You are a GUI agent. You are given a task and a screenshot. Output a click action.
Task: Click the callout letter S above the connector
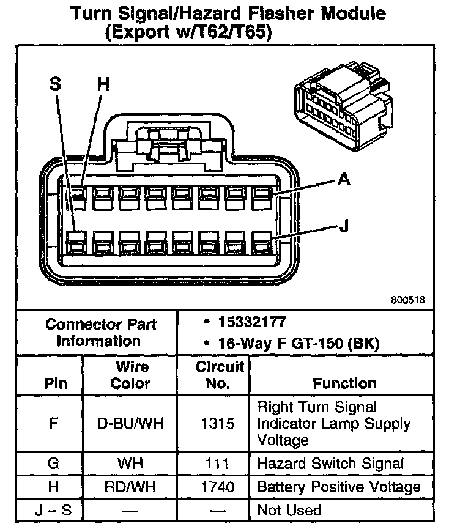(x=56, y=85)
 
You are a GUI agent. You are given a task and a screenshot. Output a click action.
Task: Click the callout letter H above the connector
(x=103, y=85)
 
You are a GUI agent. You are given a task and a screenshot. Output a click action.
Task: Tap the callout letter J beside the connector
(x=344, y=226)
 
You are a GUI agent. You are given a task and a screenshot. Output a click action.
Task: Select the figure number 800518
(x=408, y=300)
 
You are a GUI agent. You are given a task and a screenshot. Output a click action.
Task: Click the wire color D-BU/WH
(x=131, y=423)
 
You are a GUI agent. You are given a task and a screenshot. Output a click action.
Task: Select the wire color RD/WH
(x=131, y=487)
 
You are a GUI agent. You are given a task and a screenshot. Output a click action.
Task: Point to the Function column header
(x=344, y=383)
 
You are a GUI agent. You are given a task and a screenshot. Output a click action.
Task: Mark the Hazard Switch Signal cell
(x=331, y=463)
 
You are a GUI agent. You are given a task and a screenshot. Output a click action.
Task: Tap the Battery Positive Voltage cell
(x=339, y=487)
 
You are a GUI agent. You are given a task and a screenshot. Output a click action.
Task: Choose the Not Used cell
(x=289, y=509)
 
